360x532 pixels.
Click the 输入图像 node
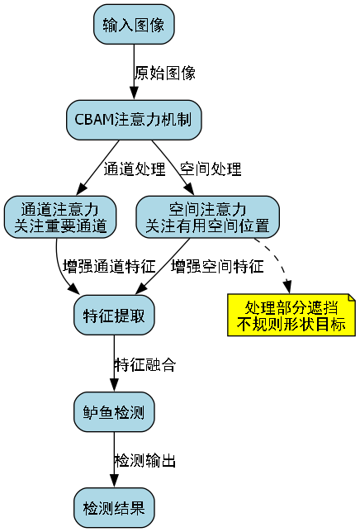coord(133,26)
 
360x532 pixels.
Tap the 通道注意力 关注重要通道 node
coord(59,216)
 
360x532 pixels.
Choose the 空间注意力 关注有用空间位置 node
coord(207,216)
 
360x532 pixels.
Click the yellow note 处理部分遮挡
coord(291,315)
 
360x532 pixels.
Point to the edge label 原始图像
coord(165,74)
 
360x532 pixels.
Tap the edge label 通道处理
coord(135,169)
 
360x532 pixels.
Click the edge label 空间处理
coord(211,169)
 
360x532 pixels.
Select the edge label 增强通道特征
coord(109,266)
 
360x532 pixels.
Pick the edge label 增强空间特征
coord(217,266)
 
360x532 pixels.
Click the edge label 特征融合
coord(144,363)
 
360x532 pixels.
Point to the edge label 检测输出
coord(144,459)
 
